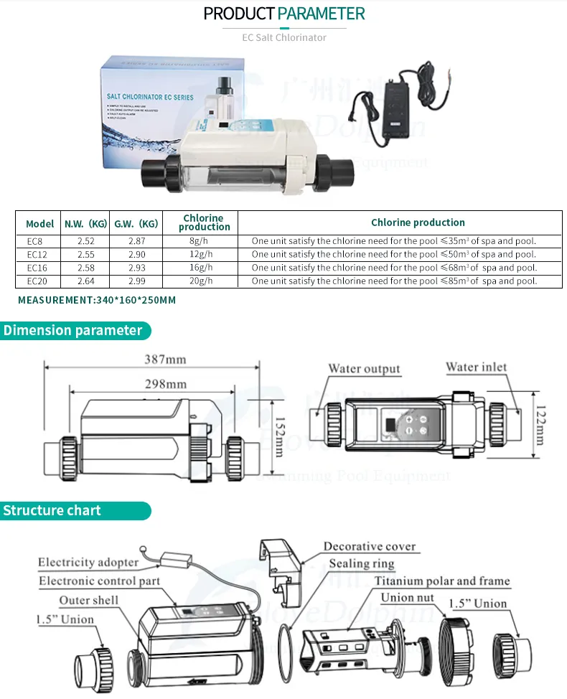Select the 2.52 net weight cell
point(85,241)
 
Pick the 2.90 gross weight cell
point(136,255)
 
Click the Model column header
point(40,222)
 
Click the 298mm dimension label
point(164,384)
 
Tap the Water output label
point(364,369)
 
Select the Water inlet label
point(477,367)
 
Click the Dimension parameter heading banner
point(73,331)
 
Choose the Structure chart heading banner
point(52,511)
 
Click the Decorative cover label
point(369,547)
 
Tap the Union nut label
point(408,598)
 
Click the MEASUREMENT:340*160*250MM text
point(97,300)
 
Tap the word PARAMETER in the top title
point(322,13)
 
